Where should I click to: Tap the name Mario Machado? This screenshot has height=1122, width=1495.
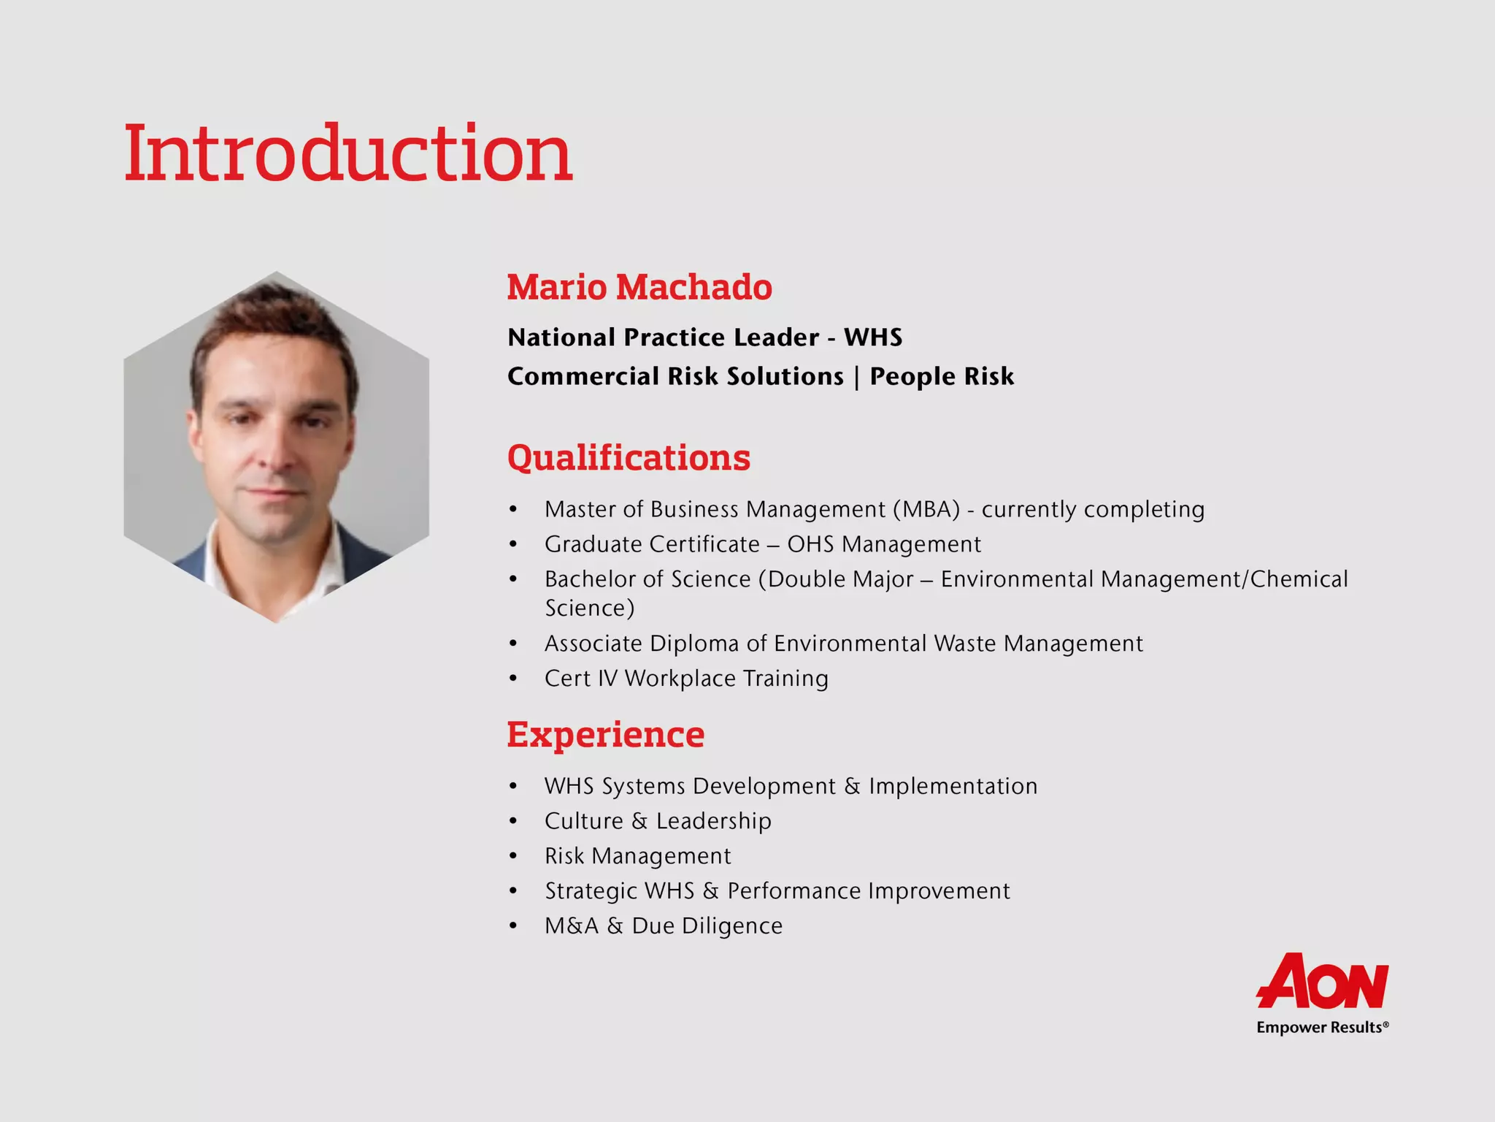[639, 287]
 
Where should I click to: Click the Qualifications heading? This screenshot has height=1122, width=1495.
[629, 458]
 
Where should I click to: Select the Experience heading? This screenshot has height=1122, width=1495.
[605, 734]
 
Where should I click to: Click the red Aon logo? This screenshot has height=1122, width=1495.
[1322, 981]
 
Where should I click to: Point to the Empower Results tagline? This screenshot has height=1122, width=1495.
[1321, 1028]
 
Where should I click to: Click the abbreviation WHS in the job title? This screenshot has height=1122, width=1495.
[872, 337]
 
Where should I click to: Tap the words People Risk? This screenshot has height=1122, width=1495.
[942, 376]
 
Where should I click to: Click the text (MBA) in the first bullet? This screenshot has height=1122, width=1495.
[926, 509]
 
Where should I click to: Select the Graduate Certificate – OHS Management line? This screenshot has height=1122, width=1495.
[762, 544]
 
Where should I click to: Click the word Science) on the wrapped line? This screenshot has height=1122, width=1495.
[590, 608]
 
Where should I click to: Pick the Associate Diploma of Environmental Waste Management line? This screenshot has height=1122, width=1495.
[843, 644]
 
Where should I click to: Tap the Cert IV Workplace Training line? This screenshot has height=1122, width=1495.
[686, 679]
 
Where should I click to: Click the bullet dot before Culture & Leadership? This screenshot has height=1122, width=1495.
[513, 822]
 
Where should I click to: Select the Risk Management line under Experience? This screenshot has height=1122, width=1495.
[637, 856]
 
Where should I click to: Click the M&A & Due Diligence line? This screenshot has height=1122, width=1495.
[663, 926]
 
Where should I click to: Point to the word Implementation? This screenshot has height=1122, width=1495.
[953, 786]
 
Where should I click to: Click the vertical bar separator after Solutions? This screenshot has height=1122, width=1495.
[856, 377]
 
